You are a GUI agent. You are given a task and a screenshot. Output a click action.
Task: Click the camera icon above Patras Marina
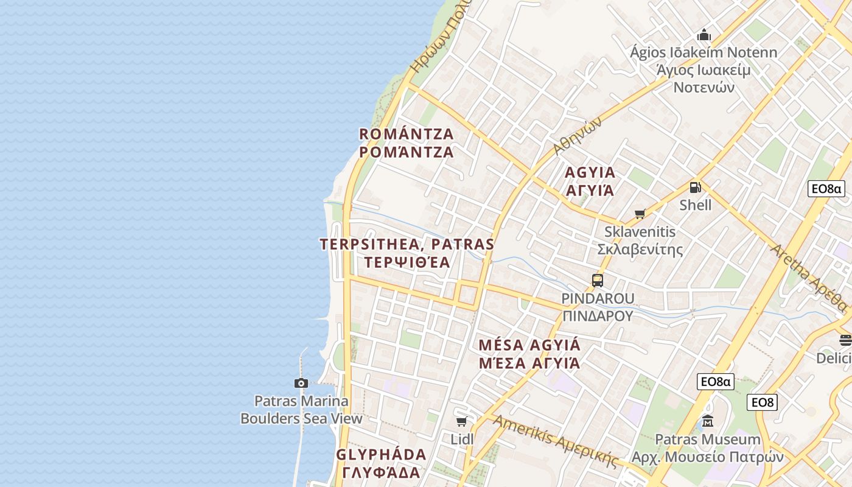tap(301, 383)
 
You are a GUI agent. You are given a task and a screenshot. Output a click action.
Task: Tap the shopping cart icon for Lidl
tap(462, 421)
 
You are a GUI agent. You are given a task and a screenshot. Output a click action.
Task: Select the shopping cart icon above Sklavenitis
tap(640, 214)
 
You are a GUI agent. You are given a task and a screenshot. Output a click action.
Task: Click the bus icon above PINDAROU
tap(597, 281)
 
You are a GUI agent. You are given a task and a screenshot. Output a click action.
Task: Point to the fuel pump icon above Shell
tap(695, 187)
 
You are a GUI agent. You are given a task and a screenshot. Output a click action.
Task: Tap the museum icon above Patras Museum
tap(707, 421)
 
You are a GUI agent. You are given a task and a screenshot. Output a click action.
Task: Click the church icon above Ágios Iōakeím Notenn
tap(704, 35)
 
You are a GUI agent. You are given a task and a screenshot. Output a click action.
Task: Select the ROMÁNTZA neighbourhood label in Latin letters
tap(407, 134)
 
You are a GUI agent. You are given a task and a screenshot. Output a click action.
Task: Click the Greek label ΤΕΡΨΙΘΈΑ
tap(406, 262)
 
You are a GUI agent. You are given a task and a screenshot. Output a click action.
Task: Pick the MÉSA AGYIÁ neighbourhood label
tap(529, 345)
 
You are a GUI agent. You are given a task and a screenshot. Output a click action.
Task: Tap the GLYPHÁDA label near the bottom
tap(381, 455)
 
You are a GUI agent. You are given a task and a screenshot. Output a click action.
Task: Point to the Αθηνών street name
tap(577, 135)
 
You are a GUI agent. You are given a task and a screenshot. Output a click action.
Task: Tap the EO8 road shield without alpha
tap(762, 402)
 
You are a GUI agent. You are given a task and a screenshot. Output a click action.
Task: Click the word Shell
tap(695, 205)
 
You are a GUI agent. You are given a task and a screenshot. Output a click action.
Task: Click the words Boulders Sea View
tap(301, 418)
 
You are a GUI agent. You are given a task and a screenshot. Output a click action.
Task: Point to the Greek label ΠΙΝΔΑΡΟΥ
tap(598, 315)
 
